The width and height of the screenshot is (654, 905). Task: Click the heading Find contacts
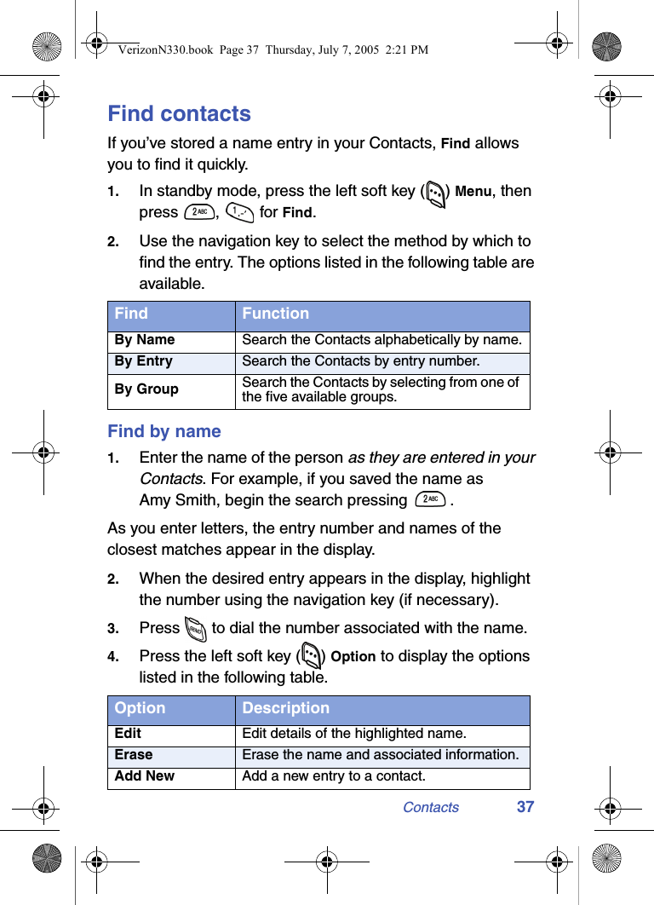(179, 113)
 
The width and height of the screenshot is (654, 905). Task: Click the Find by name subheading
(163, 431)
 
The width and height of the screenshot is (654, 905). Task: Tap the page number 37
(525, 807)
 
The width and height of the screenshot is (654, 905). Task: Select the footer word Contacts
(430, 807)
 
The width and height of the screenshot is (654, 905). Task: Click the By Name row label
(145, 340)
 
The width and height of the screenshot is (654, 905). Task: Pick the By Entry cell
(144, 361)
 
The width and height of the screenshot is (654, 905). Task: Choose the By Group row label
(146, 389)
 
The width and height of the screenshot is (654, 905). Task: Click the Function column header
(275, 314)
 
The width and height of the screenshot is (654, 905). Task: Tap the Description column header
(285, 708)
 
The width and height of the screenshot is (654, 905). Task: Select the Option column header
(140, 708)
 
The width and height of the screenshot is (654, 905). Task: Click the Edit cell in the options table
(129, 734)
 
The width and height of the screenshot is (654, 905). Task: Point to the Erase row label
(134, 755)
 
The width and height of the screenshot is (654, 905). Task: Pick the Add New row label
(145, 776)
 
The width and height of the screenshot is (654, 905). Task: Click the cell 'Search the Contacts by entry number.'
(360, 361)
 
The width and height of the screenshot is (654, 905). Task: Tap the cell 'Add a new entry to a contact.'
(334, 776)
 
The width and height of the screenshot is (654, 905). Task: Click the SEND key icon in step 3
(195, 630)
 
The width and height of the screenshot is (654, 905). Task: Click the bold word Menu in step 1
(473, 192)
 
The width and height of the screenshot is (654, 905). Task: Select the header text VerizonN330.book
(165, 50)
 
